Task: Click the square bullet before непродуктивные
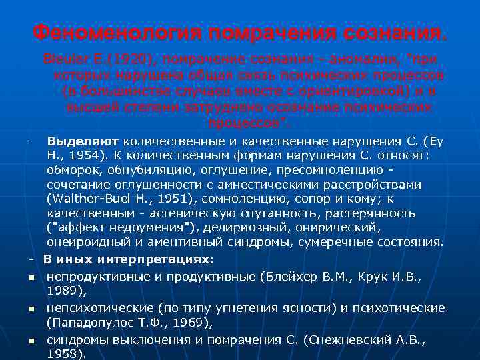31,274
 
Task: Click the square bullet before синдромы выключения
31,341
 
